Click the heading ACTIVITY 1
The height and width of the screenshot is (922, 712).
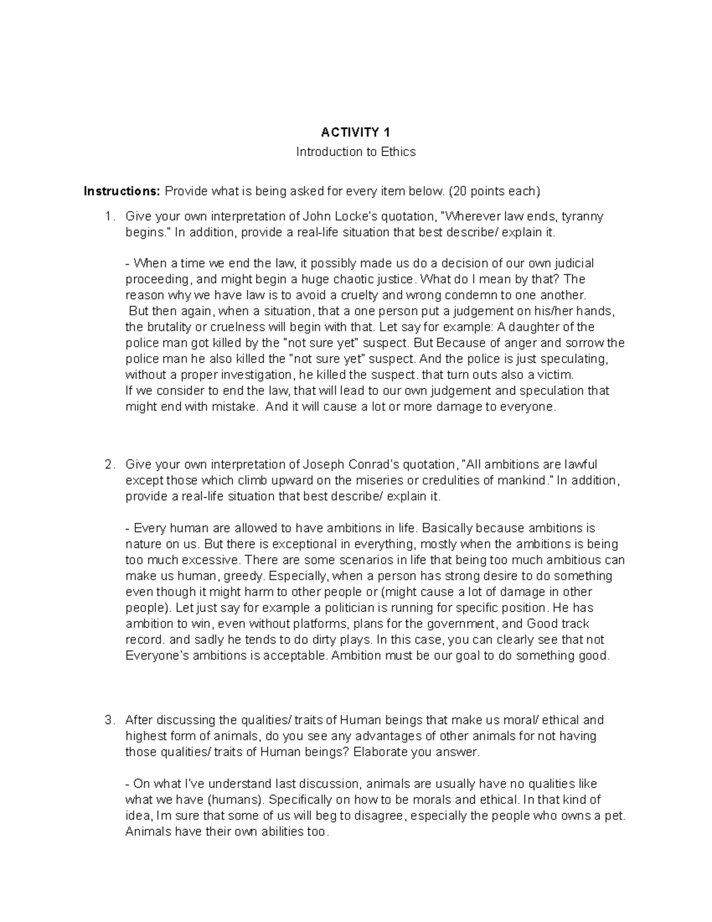(355, 132)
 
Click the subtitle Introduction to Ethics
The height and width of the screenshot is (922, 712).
(355, 152)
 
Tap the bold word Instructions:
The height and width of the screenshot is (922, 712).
(122, 191)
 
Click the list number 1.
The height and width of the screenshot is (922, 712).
(107, 217)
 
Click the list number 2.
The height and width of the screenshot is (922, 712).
(107, 464)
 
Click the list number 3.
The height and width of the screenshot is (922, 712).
(107, 720)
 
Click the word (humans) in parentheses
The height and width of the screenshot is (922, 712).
(237, 800)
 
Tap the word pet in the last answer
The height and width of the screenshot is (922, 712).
(616, 816)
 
